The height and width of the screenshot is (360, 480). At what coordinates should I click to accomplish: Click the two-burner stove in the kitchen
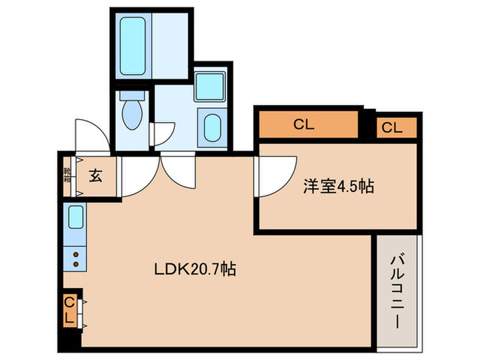(x=75, y=259)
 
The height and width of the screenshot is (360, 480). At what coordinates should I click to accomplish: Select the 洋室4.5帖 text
(x=338, y=187)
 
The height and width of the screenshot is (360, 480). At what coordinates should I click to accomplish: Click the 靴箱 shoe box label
(x=67, y=176)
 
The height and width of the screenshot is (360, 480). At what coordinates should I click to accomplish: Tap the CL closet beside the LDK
(x=69, y=310)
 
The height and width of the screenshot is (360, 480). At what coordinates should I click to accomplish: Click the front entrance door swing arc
(x=91, y=136)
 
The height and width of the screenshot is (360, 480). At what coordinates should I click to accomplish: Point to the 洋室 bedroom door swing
(x=274, y=175)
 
